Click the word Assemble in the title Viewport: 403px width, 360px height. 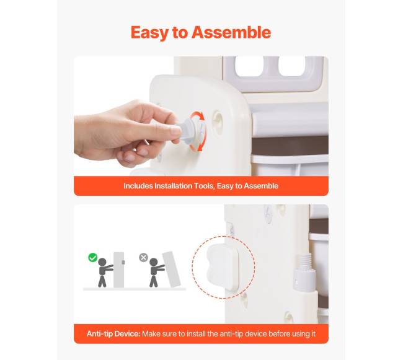[231, 32]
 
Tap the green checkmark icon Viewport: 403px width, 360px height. [92, 258]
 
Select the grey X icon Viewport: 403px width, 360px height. [143, 258]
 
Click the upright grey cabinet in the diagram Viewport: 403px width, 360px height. [119, 270]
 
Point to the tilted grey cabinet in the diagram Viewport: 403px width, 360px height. [171, 270]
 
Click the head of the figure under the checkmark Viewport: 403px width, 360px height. [102, 262]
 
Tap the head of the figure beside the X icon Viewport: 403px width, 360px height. [153, 262]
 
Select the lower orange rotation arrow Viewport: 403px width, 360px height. [198, 146]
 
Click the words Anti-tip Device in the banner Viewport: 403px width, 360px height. [113, 334]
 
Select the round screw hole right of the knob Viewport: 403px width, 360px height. [218, 118]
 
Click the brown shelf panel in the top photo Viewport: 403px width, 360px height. [290, 146]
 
